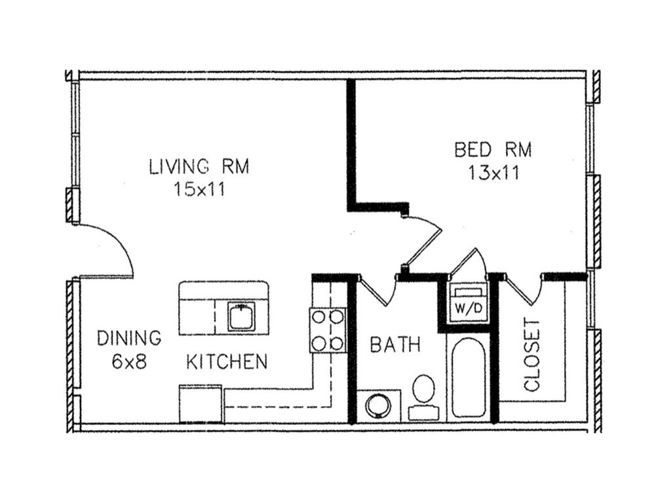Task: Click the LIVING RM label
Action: tap(199, 166)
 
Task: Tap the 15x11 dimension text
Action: tap(199, 189)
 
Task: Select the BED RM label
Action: tap(493, 150)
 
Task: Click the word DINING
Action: tap(129, 338)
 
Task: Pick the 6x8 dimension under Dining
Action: tap(129, 362)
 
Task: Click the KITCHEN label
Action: tap(227, 362)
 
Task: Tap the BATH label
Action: tap(395, 345)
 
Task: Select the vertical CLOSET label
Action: tap(532, 354)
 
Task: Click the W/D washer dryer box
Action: tap(467, 303)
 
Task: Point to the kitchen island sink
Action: tap(241, 316)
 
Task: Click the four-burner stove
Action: tap(328, 330)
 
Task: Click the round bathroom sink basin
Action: tap(378, 405)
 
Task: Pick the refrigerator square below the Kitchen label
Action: tap(201, 403)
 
